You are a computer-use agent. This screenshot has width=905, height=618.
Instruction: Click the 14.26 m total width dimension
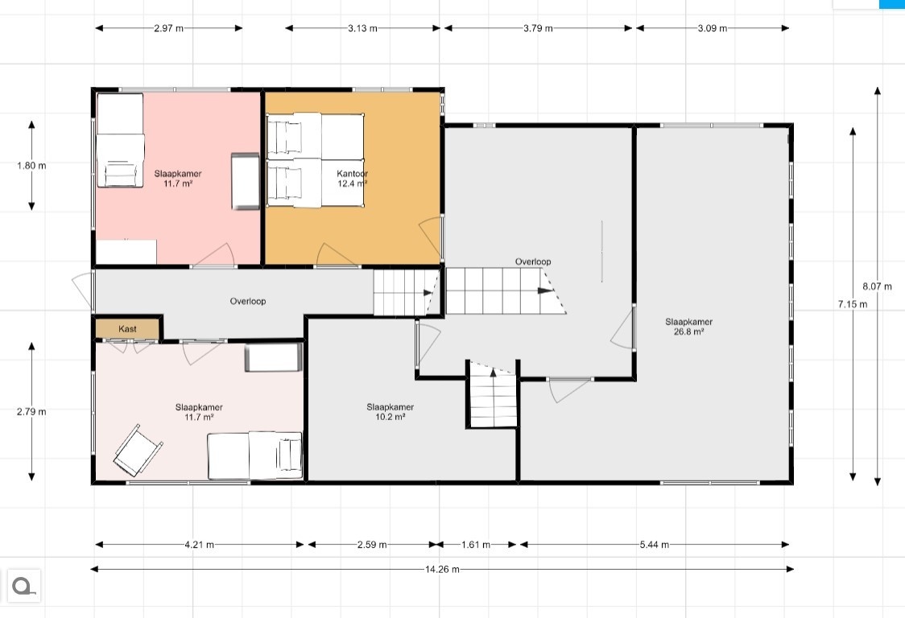tap(443, 570)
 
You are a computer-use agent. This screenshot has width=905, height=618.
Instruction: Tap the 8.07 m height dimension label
tap(878, 286)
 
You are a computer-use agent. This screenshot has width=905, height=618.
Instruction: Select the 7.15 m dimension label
tap(853, 304)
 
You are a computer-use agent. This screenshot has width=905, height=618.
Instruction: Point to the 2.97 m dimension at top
tap(168, 28)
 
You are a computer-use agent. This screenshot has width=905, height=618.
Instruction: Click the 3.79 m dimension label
tap(538, 28)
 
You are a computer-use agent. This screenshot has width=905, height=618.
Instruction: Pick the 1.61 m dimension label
tap(476, 545)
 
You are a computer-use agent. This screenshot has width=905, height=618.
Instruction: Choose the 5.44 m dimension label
tap(655, 545)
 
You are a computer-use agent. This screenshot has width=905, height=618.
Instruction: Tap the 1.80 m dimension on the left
tap(31, 166)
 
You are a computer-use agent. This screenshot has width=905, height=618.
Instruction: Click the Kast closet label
tap(127, 329)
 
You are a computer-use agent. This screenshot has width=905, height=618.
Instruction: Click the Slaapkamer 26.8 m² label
tap(688, 327)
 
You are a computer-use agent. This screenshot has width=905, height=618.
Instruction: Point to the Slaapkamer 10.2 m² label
tap(391, 412)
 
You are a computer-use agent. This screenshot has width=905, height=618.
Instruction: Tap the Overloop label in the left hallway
tap(248, 301)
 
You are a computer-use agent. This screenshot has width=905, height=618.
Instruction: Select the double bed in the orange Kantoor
tap(315, 160)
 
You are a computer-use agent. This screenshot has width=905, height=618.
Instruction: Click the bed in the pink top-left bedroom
tap(120, 140)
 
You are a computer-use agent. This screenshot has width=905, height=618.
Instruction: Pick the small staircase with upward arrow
tap(492, 393)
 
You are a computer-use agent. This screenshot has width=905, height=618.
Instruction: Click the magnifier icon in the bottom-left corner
tap(23, 587)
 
